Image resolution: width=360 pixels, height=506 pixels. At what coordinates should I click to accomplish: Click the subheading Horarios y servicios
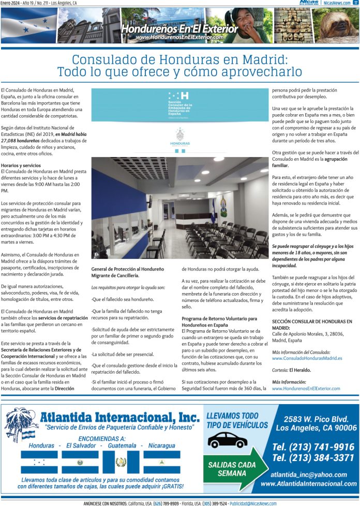tap(21, 165)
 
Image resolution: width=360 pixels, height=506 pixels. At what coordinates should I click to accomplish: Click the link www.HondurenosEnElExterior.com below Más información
tap(306, 388)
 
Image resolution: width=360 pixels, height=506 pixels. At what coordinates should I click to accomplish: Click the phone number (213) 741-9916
tap(313, 447)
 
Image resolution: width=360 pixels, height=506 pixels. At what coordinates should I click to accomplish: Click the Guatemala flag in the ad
tap(121, 462)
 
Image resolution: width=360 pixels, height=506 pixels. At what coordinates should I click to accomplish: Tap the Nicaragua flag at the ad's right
tap(161, 462)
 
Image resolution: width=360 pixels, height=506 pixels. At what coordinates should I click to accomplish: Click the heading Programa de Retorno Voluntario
tap(219, 318)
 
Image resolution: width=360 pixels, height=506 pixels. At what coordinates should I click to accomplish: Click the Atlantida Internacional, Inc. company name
tap(119, 417)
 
